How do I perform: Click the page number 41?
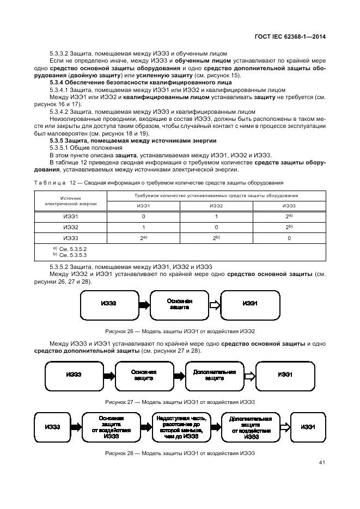(x=322, y=463)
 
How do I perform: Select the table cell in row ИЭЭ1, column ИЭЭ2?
(x=216, y=216)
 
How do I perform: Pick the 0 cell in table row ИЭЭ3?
(x=289, y=238)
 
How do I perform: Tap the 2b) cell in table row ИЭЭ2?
(x=289, y=227)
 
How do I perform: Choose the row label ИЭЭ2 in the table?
(x=71, y=227)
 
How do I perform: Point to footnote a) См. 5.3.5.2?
(x=70, y=249)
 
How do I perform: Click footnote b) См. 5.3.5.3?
(x=70, y=255)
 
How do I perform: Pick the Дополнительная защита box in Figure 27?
(x=214, y=375)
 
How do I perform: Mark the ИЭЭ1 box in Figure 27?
(x=285, y=375)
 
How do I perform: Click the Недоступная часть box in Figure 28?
(x=179, y=427)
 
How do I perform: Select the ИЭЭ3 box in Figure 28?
(x=53, y=427)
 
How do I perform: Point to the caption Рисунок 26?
(x=180, y=332)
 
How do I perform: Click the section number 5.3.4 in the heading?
(x=58, y=82)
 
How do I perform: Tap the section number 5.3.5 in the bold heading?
(x=58, y=140)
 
